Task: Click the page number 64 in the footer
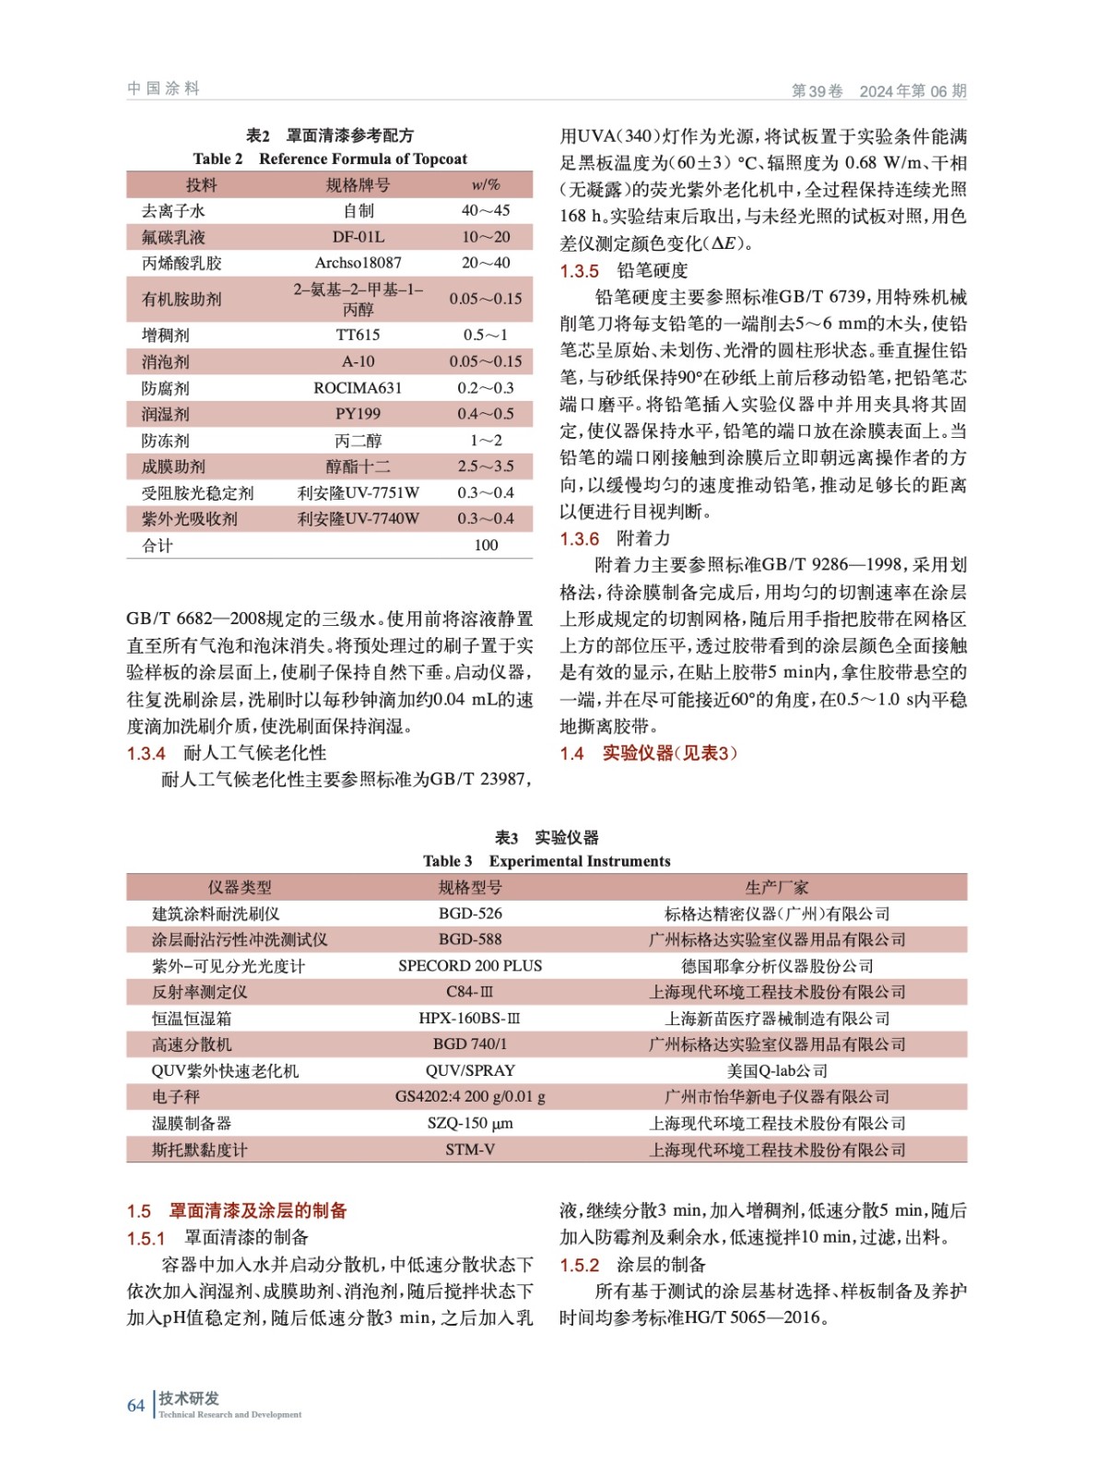[135, 1405]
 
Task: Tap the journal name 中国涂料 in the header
[163, 88]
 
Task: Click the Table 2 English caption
[330, 159]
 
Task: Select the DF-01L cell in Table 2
[359, 237]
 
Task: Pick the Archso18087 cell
[359, 263]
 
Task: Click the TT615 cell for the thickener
[359, 335]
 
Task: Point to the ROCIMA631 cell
[359, 388]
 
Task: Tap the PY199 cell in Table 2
[359, 414]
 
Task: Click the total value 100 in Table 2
[486, 545]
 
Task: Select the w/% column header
[486, 185]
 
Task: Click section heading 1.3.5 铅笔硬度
[624, 271]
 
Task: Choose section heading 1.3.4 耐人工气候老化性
[227, 753]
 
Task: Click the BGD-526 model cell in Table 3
[470, 914]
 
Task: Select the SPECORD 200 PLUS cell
[470, 966]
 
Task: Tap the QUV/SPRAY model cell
[470, 1070]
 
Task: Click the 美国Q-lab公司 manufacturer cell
[777, 1070]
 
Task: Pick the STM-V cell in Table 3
[470, 1150]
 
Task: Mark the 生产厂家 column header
[777, 887]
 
